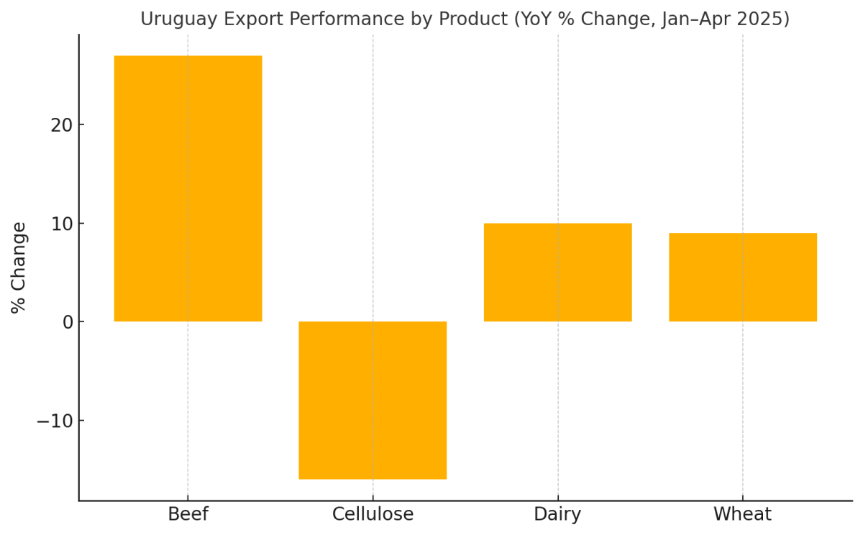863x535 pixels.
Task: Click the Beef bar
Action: tap(188, 188)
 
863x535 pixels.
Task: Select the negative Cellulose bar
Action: tap(373, 400)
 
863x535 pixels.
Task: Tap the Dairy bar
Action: tap(557, 273)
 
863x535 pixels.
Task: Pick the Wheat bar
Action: tap(742, 277)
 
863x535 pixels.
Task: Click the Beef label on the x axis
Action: tap(188, 515)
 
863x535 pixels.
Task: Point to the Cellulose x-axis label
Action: tap(373, 515)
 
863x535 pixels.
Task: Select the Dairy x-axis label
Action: tap(557, 515)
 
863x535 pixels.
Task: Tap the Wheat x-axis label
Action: tap(742, 515)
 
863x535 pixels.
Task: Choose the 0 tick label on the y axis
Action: tap(68, 322)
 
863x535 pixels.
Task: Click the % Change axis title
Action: tap(19, 267)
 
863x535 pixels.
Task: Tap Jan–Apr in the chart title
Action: tap(691, 19)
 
